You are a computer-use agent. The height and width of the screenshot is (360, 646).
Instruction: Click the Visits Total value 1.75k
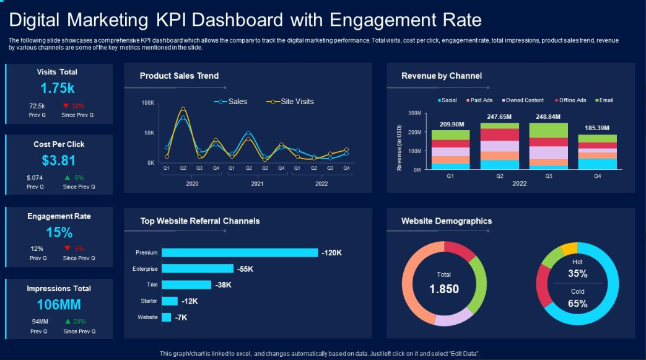coord(58,88)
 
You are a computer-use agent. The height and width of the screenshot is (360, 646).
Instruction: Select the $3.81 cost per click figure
coord(59,160)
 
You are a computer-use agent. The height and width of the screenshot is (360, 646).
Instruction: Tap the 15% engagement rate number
coord(59,232)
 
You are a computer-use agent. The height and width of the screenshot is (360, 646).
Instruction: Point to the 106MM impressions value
coord(59,305)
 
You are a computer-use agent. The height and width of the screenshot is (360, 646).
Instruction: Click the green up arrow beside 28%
coord(68,322)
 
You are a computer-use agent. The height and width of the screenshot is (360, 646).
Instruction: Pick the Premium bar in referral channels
coord(240,252)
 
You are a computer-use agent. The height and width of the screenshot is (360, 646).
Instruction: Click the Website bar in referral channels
coord(166,317)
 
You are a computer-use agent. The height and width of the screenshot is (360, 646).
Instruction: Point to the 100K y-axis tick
coord(148,102)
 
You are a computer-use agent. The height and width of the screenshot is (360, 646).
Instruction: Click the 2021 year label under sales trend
coord(257,184)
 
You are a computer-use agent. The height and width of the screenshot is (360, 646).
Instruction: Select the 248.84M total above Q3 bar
coord(548,116)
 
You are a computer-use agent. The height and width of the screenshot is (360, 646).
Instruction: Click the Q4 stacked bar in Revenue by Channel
coord(597,152)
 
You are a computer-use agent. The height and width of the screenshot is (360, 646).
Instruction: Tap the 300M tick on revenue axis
coord(414,113)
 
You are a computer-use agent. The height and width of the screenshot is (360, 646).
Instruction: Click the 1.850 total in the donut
coord(443,289)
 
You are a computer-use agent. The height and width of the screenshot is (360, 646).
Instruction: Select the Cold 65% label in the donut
coord(577,298)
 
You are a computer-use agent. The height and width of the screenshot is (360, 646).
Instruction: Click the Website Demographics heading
coord(446,221)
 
